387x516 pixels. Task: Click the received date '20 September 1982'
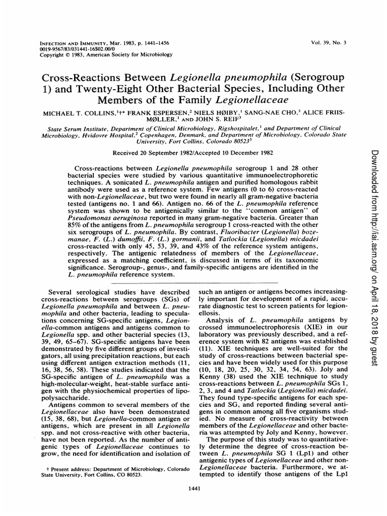coord(157,153)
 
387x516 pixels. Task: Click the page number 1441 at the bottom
coord(193,487)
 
